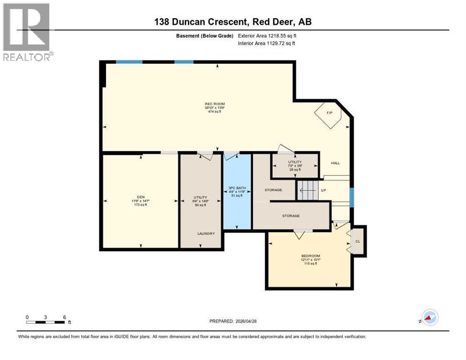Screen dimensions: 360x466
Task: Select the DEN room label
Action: point(140,197)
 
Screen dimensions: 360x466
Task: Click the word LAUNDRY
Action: point(206,233)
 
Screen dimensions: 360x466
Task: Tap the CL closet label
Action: point(358,241)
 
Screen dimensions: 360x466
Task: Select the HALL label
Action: point(336,163)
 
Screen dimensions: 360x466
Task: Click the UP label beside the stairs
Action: point(323,191)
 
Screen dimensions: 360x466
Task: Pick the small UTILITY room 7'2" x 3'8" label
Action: point(295,162)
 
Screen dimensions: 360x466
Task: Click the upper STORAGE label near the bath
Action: point(273,190)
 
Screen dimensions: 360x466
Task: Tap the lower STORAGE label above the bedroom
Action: point(291,216)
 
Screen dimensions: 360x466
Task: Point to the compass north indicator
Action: point(429,318)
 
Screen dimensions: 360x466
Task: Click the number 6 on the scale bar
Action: point(64,317)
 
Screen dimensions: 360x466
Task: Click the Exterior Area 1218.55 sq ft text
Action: point(266,36)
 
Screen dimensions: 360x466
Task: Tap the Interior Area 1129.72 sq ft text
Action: point(266,44)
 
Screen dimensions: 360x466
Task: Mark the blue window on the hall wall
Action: point(352,197)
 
